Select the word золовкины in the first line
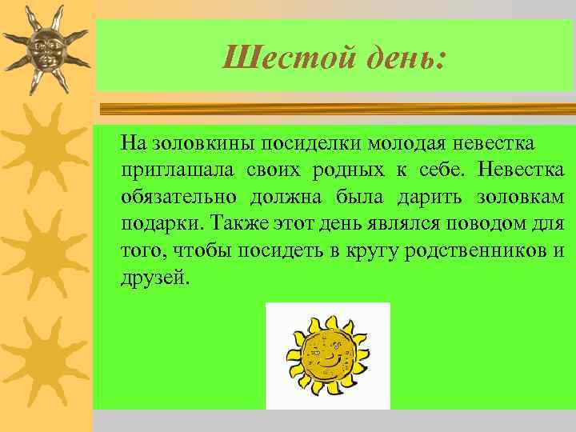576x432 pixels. coord(197,144)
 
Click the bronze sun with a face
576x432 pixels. coord(45,50)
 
